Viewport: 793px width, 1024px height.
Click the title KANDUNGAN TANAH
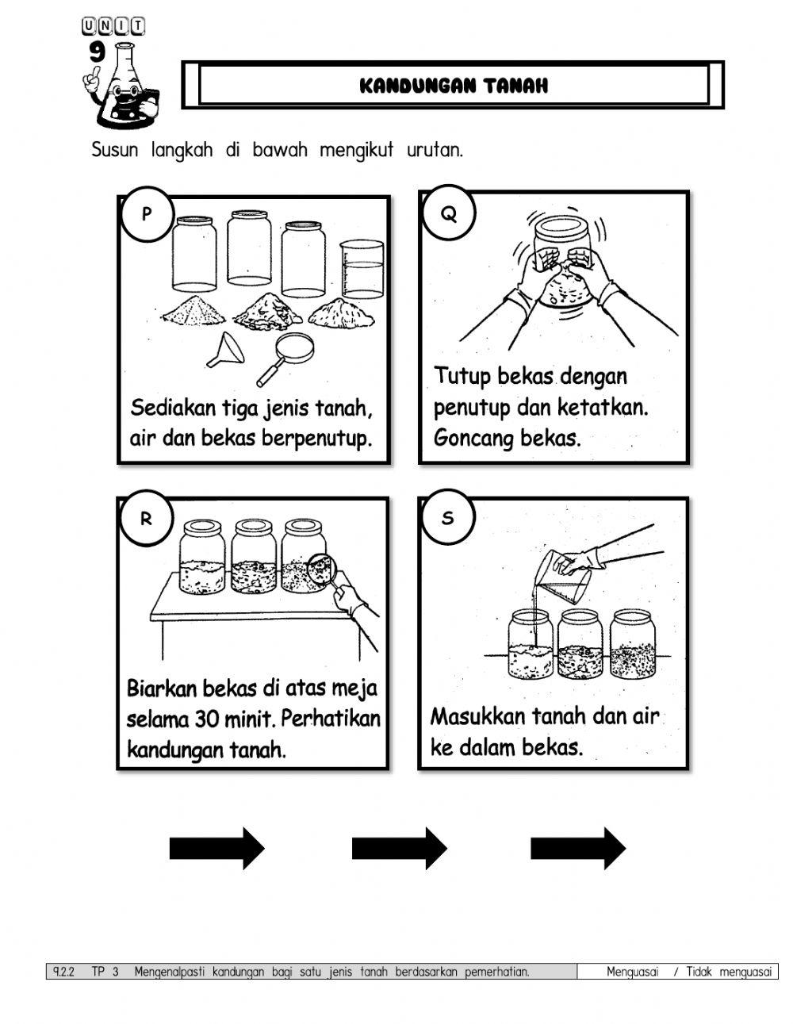454,86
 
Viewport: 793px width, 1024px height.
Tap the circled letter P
146,213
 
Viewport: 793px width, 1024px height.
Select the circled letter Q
449,213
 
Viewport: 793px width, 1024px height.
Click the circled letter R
146,520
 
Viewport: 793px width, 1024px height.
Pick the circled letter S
448,519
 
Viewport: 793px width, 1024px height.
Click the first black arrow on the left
216,849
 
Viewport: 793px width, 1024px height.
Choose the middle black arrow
399,849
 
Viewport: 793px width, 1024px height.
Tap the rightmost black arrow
577,849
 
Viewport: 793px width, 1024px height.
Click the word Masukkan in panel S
477,717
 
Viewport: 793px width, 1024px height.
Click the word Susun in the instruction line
116,149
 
